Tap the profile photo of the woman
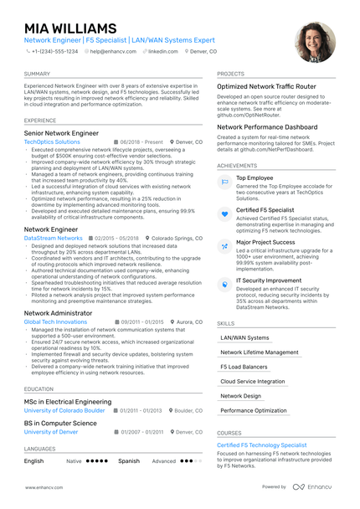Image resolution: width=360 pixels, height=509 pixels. tap(315, 43)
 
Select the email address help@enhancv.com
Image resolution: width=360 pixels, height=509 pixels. tap(111, 51)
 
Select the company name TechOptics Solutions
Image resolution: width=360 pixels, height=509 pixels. tap(52, 142)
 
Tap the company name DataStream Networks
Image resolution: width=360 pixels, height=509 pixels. tap(54, 238)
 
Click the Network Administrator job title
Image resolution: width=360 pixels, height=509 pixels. tap(59, 312)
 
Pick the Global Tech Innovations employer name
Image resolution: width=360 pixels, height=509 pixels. tap(55, 321)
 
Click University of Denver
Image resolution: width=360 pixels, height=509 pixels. tap(52, 432)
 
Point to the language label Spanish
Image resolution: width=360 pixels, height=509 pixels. tap(129, 460)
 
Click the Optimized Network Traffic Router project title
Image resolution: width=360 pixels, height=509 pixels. tap(266, 86)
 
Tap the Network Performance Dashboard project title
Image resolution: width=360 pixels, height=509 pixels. tap(267, 127)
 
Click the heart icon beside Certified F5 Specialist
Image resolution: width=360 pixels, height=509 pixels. tap(224, 214)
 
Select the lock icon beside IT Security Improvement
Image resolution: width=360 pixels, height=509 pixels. tap(224, 285)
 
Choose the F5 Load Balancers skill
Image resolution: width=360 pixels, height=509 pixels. tap(244, 367)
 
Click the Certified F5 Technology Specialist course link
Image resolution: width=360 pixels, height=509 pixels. tap(262, 445)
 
